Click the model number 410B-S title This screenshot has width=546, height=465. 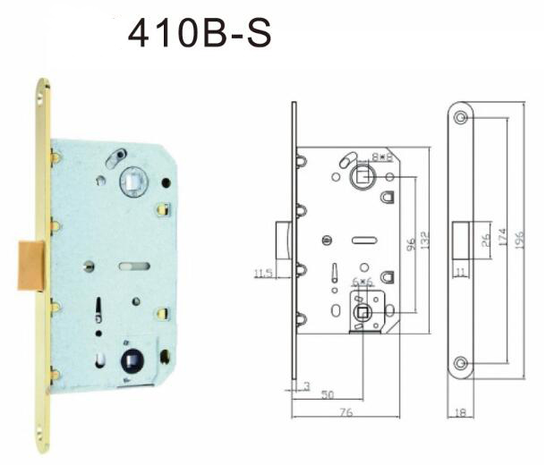tap(200, 33)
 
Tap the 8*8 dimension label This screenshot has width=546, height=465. tap(381, 156)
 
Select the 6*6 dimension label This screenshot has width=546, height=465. tap(363, 282)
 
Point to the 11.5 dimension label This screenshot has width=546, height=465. tap(263, 273)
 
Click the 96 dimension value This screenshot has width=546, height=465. tap(411, 243)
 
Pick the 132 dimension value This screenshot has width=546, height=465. tap(425, 240)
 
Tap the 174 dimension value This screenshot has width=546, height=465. tap(502, 237)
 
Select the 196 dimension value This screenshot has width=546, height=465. tap(519, 240)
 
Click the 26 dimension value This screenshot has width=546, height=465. tap(485, 240)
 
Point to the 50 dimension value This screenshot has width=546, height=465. tap(328, 394)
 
